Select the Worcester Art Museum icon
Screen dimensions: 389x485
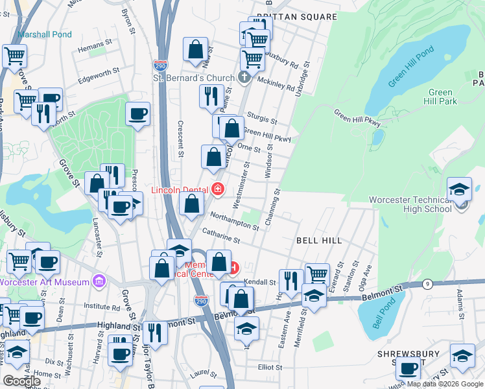point(99,281)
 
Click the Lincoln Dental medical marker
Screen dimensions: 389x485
point(218,189)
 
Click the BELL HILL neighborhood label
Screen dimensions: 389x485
point(319,241)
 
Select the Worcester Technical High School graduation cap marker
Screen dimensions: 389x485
point(460,189)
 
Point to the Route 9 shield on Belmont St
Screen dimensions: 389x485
point(427,284)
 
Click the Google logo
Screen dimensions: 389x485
point(21,381)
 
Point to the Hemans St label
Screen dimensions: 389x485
point(90,47)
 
